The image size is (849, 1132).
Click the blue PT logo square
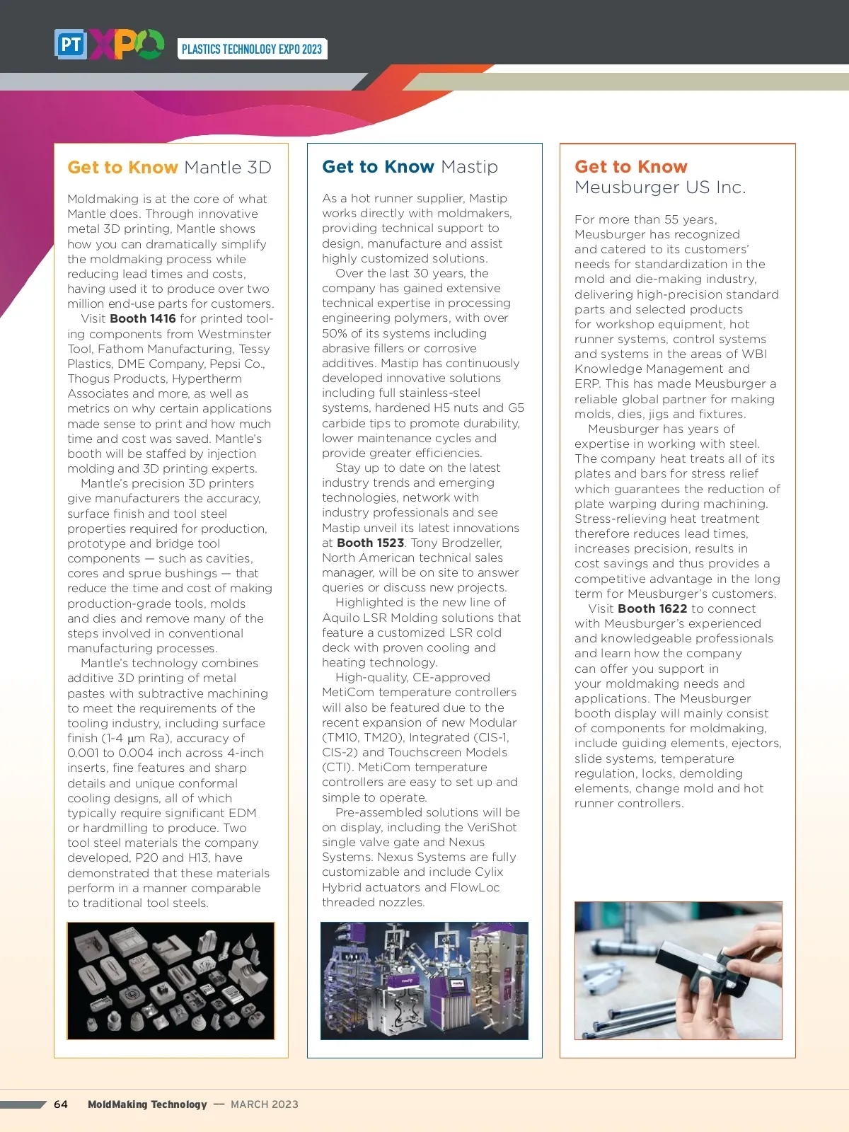(71, 45)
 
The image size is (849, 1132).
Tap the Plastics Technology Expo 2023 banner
(252, 49)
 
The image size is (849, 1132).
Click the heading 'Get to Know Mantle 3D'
(169, 168)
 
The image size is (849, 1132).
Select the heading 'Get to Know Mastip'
(410, 167)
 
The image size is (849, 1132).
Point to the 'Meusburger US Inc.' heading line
(659, 187)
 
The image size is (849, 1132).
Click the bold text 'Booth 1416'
(143, 318)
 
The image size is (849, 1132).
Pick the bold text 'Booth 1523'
(370, 543)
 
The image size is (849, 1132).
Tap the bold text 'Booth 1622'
(652, 608)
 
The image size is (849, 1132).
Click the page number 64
(61, 1104)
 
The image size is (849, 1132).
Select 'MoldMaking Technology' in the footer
(147, 1104)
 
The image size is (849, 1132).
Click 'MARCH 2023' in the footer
(265, 1104)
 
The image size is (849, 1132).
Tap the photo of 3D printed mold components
(171, 981)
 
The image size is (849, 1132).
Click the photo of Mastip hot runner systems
(424, 981)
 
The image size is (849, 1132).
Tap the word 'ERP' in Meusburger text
(587, 383)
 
